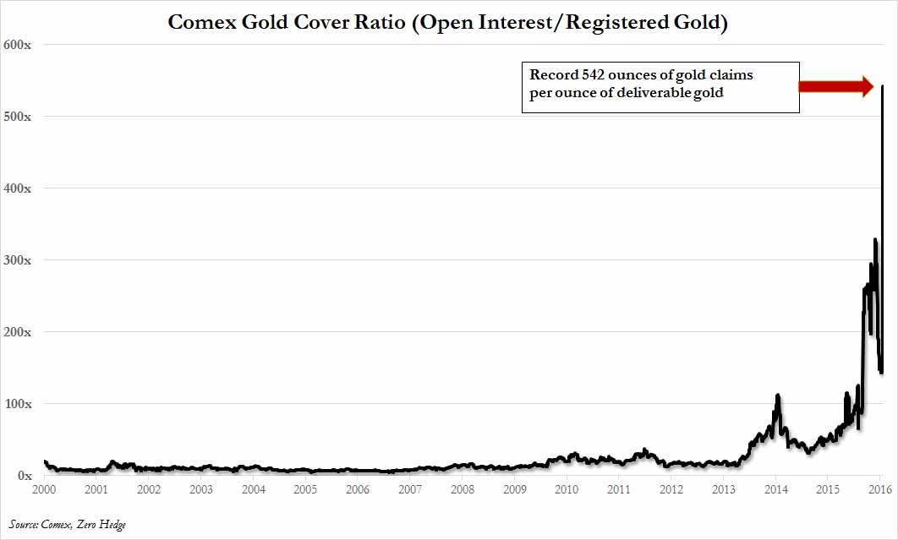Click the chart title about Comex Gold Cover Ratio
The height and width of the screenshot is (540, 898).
(x=447, y=21)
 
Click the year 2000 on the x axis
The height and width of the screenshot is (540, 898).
(x=44, y=489)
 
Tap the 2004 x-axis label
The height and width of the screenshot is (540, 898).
(x=253, y=489)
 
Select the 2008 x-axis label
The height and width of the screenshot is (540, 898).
(x=463, y=489)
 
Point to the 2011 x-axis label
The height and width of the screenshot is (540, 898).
(x=619, y=489)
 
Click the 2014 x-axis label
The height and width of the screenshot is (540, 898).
(x=776, y=489)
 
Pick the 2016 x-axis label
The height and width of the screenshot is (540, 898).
(x=880, y=489)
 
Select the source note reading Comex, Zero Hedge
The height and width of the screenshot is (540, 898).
(x=68, y=525)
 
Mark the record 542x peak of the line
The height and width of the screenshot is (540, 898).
(x=883, y=86)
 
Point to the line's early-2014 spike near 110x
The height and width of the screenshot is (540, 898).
(x=777, y=395)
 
